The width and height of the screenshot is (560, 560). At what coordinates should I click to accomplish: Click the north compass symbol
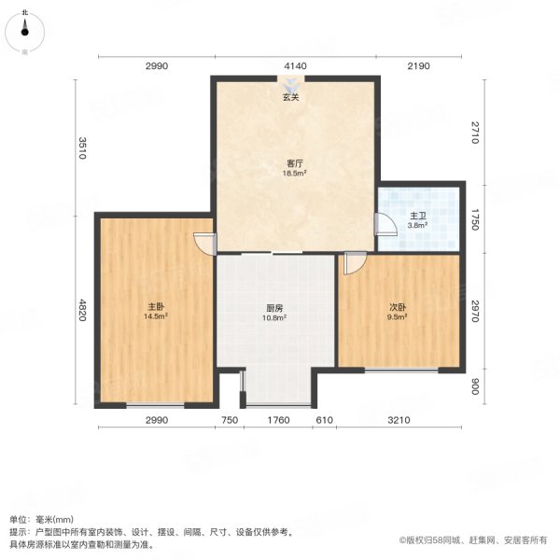click(x=26, y=34)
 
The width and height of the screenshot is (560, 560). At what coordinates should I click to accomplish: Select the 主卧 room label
click(x=155, y=306)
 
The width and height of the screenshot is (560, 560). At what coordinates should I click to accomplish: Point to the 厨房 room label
click(x=273, y=308)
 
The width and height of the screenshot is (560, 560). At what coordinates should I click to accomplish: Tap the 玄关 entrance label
click(x=293, y=97)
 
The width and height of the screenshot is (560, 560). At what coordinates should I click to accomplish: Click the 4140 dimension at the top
click(x=295, y=65)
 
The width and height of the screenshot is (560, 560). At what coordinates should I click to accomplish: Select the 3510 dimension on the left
click(x=82, y=148)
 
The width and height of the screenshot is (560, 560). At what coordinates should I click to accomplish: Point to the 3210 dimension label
click(x=399, y=421)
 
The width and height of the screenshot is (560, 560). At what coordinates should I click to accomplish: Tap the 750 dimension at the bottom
click(x=228, y=421)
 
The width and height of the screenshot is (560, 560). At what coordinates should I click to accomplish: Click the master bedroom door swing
click(x=203, y=241)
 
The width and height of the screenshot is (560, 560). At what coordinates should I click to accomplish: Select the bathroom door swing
click(x=384, y=224)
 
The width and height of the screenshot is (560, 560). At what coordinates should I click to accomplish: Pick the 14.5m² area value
click(x=155, y=316)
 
